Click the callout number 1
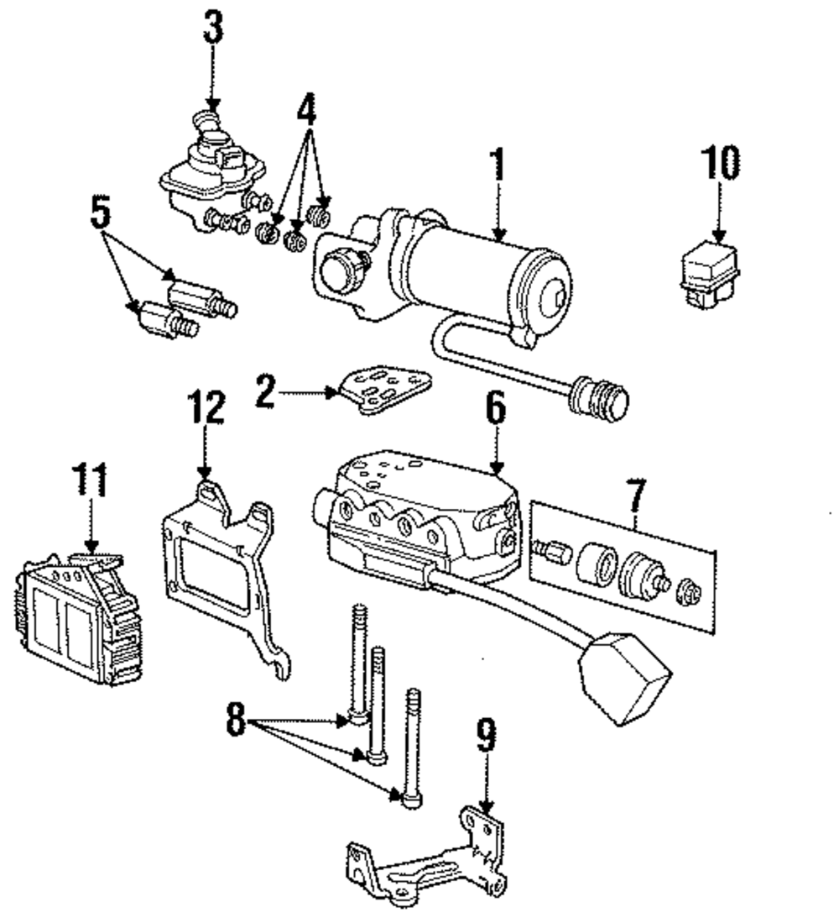point(498,165)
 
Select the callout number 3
point(213,27)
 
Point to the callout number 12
point(206,409)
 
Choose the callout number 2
point(266,393)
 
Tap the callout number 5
point(101,214)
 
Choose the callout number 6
point(496,409)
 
